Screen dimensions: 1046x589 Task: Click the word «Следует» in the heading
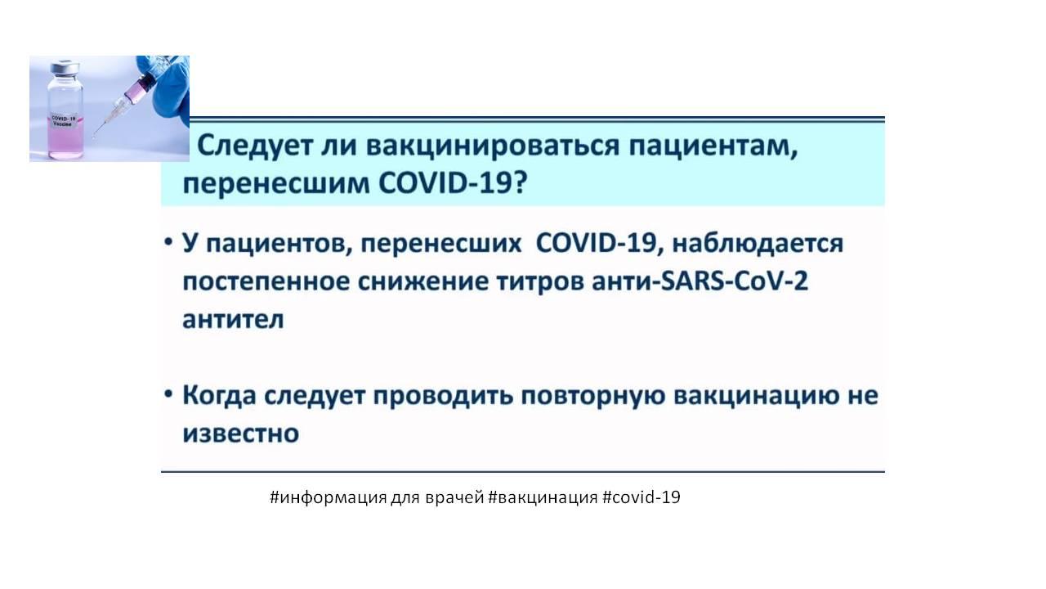(x=255, y=146)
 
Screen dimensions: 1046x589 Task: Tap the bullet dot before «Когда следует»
(x=168, y=393)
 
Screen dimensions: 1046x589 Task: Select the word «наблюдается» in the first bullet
(x=758, y=244)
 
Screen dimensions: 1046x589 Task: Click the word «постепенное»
(x=266, y=281)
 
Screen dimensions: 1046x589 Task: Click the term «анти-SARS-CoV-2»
(x=700, y=281)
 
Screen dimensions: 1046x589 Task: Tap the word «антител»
(x=233, y=320)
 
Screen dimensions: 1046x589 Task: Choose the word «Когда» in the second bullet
(x=220, y=395)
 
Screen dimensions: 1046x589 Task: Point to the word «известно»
(x=240, y=434)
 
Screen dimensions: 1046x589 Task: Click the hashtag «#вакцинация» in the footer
(x=543, y=497)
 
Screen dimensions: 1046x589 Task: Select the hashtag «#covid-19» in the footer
(x=641, y=497)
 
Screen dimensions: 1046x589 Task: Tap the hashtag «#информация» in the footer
(x=329, y=497)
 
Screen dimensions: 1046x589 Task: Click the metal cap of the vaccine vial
(x=65, y=67)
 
